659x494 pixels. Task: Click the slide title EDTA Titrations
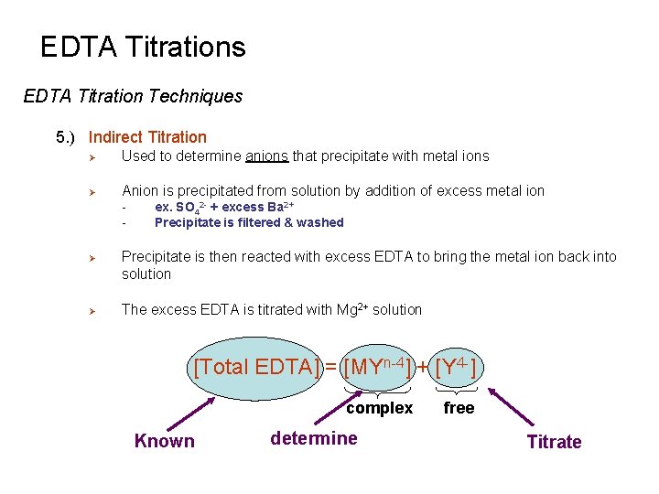(143, 48)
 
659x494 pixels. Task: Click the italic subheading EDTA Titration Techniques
(133, 96)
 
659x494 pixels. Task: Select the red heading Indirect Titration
(147, 137)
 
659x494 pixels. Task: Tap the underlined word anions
(266, 156)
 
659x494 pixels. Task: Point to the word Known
(165, 441)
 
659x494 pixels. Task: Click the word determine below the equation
(314, 438)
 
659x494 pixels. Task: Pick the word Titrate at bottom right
(554, 442)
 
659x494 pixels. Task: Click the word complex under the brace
(379, 408)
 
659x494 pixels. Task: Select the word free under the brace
(459, 408)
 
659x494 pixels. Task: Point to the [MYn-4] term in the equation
(375, 369)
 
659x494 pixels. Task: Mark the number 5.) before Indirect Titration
(66, 137)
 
